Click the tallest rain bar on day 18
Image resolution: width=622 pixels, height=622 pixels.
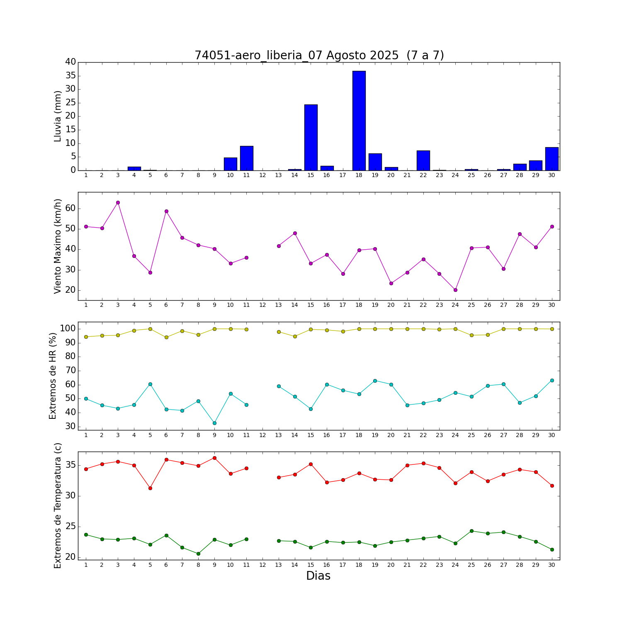pos(359,121)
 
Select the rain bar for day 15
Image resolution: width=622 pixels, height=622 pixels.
pos(311,137)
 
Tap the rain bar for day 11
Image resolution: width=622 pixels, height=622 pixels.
pos(247,158)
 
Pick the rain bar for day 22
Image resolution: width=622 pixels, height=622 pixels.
pos(423,160)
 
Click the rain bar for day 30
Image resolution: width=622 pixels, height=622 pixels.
pos(552,159)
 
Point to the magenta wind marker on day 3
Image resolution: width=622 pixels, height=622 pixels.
pos(118,202)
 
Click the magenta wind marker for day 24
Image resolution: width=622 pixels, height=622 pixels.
pos(455,290)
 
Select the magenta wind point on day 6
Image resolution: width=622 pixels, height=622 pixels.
pos(166,211)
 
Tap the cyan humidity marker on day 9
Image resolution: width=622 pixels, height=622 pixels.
pos(214,423)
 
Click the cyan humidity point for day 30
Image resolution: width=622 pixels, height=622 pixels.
pos(552,380)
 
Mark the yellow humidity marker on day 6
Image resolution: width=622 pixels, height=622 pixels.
pos(166,337)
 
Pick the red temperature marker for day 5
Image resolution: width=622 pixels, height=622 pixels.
pos(150,488)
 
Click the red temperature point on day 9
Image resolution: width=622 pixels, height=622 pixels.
pos(214,458)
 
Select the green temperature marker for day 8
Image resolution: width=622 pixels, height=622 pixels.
pos(198,554)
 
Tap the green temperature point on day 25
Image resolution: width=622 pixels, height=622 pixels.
pos(471,531)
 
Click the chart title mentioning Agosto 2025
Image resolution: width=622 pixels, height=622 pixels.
pos(319,55)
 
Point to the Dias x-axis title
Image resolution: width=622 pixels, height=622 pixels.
pos(318,576)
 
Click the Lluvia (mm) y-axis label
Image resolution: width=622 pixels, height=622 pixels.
pos(58,116)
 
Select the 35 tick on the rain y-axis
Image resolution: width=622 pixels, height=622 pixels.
pos(70,75)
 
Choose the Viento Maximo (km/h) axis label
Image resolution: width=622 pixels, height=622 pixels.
pos(58,246)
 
